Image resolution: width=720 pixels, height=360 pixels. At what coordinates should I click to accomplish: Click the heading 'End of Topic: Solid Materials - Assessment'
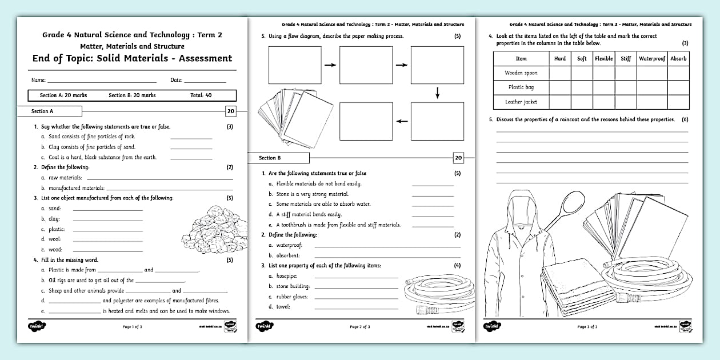click(x=132, y=58)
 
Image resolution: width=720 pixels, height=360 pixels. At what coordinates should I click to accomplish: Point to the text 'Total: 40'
click(x=201, y=95)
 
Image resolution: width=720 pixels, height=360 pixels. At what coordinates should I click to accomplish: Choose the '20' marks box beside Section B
click(x=458, y=158)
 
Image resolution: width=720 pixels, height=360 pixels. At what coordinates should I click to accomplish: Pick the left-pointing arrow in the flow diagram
click(x=402, y=121)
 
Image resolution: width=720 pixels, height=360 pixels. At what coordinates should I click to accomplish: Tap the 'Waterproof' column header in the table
click(x=652, y=58)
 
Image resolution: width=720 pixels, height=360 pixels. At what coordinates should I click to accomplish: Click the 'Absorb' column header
click(x=679, y=58)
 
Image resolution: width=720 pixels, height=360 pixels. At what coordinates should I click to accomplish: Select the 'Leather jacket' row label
click(x=521, y=102)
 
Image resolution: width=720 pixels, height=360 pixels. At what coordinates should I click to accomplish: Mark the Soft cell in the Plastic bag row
click(x=582, y=87)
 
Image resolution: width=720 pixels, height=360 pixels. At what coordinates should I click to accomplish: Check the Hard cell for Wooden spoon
click(x=560, y=73)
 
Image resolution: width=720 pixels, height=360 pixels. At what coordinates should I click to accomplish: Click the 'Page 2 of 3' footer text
click(x=360, y=327)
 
